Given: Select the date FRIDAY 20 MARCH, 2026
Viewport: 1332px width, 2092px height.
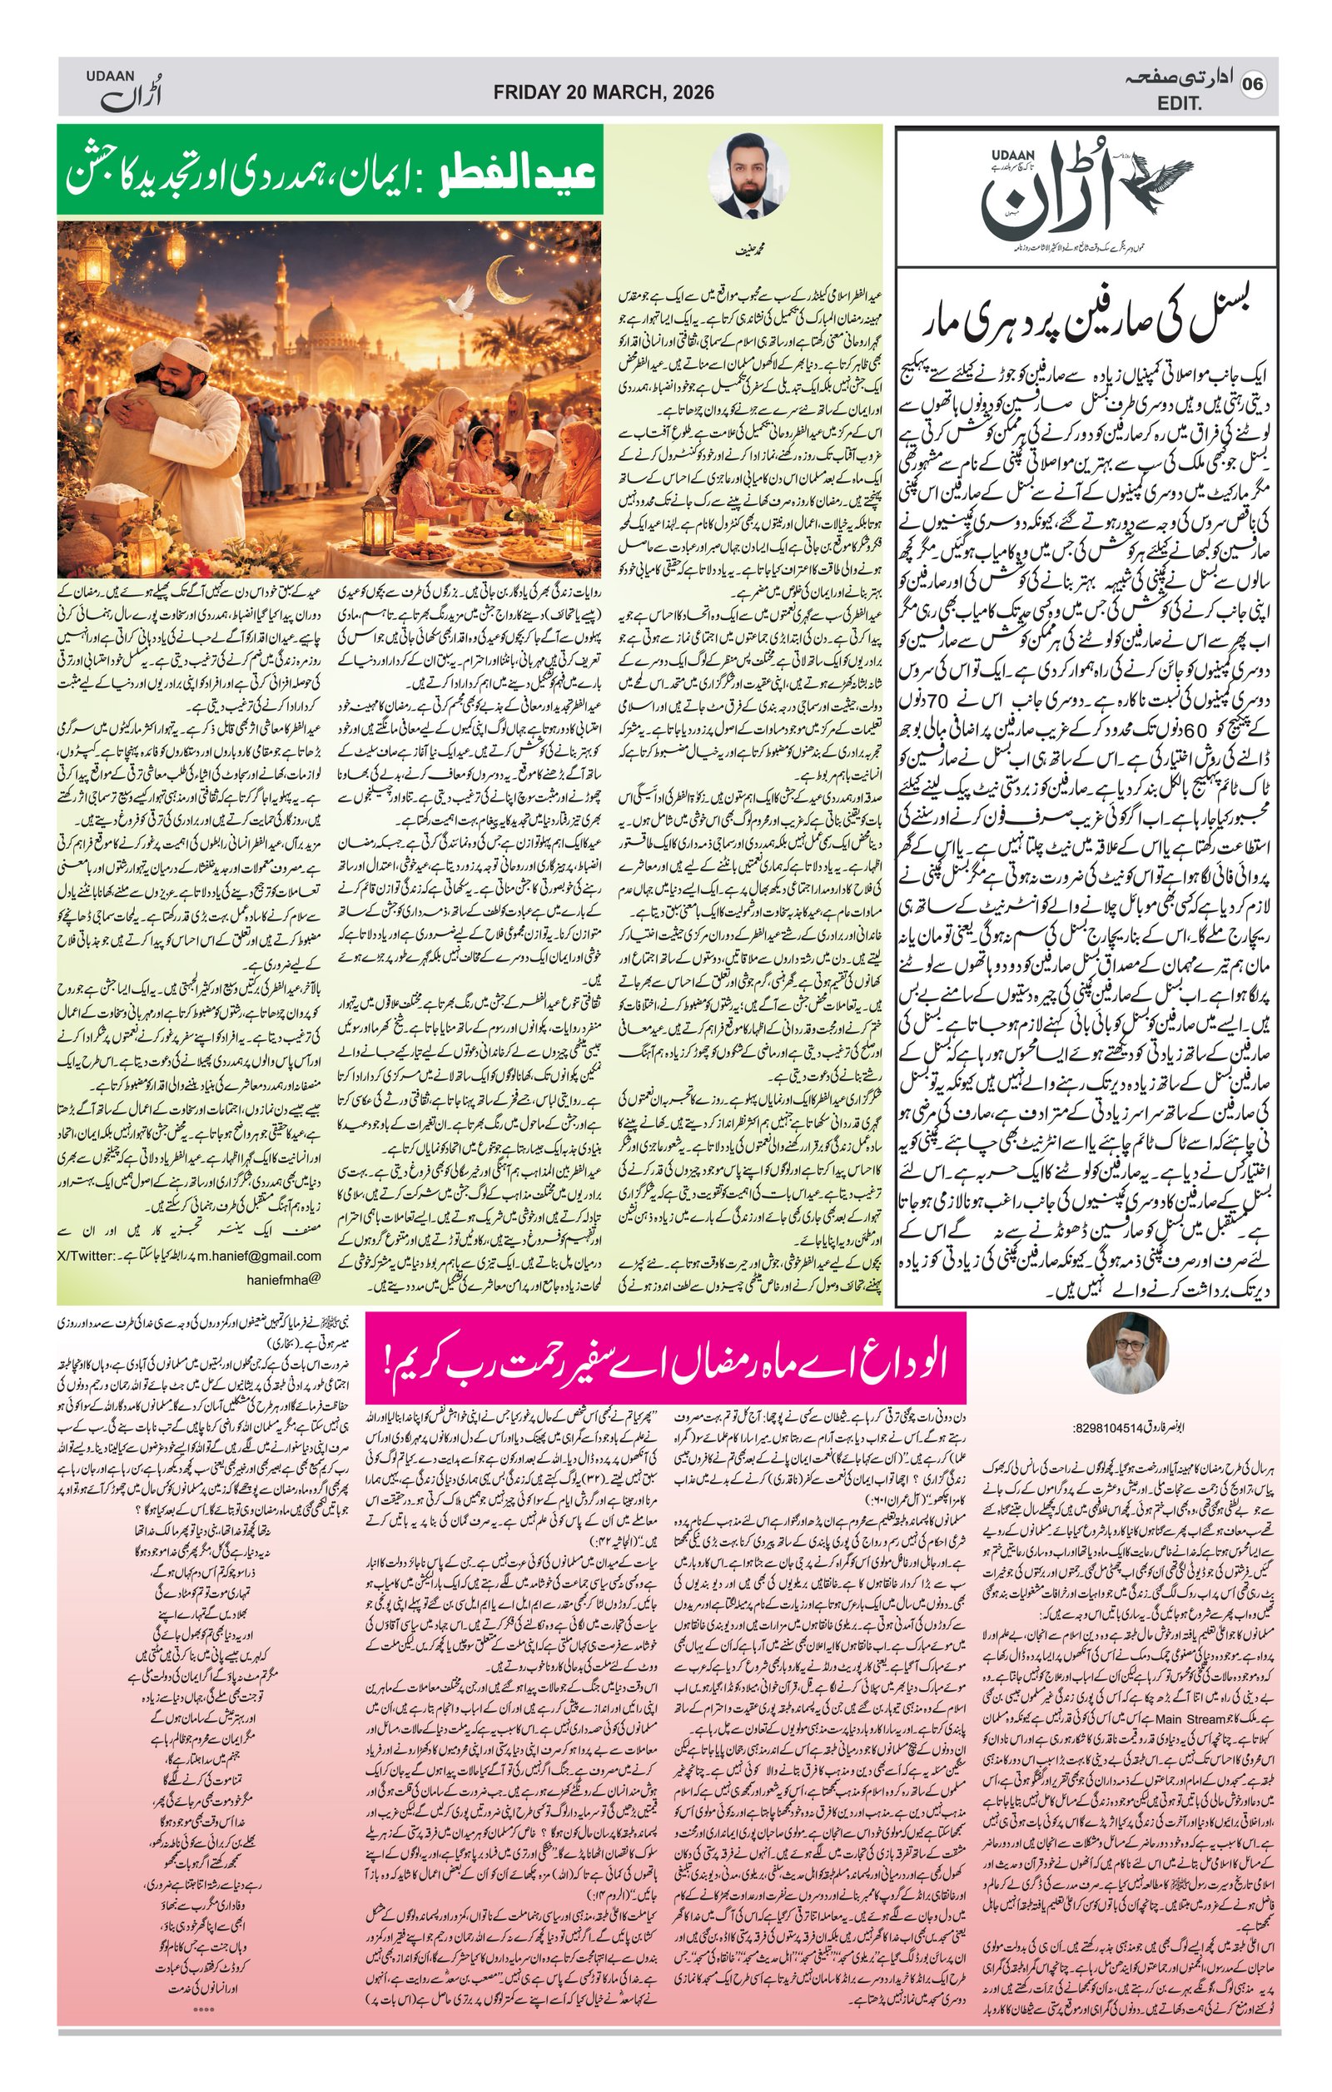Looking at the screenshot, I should tap(603, 92).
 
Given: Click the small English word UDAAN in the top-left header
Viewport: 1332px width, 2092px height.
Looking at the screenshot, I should tap(111, 77).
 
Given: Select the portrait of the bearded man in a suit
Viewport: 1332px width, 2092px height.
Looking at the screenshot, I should tap(749, 176).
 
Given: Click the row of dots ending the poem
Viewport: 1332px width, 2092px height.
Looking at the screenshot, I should tap(203, 1986).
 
